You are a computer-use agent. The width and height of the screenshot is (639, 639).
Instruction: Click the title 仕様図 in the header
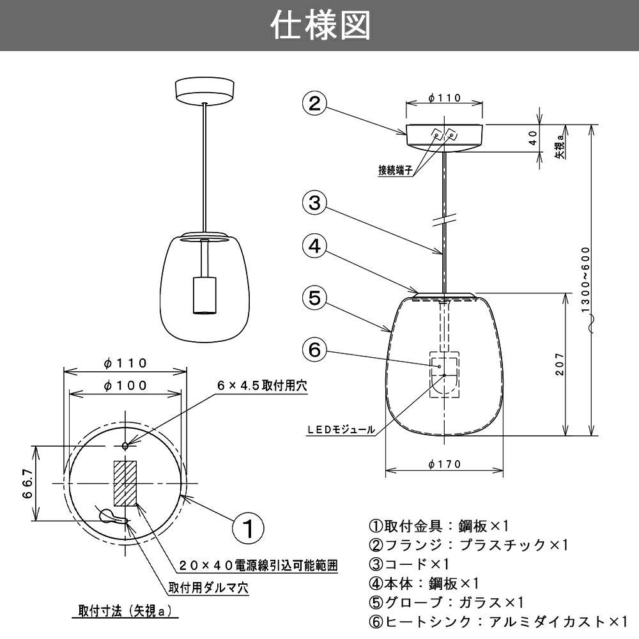(319, 26)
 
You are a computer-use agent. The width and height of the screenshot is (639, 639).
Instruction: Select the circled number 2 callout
(314, 104)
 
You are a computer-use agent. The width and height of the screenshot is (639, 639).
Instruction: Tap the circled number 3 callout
(314, 203)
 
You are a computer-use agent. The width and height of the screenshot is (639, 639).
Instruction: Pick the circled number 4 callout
(314, 247)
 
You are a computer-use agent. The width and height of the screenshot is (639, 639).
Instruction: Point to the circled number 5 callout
(314, 298)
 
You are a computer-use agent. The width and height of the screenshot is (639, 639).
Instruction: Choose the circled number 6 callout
(314, 350)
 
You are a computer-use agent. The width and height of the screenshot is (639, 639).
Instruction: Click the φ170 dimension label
(444, 465)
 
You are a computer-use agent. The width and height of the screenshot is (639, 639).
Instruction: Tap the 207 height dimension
(560, 364)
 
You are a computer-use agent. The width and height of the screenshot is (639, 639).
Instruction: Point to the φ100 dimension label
(125, 385)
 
